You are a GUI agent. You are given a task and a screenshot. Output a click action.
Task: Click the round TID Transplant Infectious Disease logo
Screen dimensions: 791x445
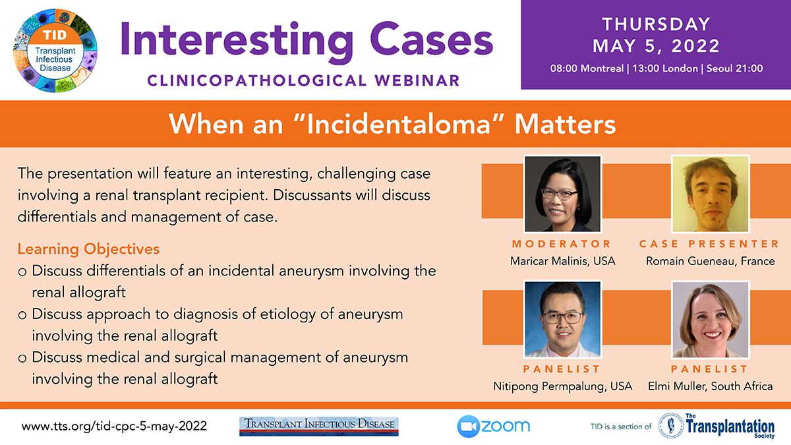(55, 51)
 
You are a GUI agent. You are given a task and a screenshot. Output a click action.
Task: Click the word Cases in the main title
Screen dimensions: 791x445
(432, 40)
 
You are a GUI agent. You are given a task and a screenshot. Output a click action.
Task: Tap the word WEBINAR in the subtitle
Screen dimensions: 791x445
(417, 80)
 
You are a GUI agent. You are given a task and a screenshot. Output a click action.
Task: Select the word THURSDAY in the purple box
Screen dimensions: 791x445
(656, 24)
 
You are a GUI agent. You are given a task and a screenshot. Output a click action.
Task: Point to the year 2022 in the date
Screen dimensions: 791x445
(695, 46)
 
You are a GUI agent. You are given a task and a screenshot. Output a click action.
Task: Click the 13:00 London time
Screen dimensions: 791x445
(665, 68)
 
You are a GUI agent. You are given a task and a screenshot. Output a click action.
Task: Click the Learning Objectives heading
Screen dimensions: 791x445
(88, 249)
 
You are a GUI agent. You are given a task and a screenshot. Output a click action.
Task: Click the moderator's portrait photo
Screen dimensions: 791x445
(562, 194)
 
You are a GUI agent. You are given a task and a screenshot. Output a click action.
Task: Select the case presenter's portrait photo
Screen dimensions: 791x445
(711, 194)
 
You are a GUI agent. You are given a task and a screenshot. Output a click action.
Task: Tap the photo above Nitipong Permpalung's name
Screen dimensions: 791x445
(562, 319)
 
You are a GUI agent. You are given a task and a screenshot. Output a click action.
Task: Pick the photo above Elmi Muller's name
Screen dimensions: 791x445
(711, 319)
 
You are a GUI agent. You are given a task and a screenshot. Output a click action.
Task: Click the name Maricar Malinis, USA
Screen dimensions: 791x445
(562, 261)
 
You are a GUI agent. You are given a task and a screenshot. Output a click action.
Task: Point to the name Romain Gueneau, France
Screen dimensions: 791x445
(711, 261)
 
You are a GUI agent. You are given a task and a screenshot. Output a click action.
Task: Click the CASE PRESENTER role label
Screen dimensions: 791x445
(709, 244)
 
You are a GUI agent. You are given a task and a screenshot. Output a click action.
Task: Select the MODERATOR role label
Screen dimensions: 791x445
(562, 244)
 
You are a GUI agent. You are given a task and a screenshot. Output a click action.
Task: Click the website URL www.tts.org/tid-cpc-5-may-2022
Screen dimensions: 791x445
(114, 427)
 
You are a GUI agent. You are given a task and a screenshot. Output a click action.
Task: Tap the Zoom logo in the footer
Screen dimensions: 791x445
(493, 427)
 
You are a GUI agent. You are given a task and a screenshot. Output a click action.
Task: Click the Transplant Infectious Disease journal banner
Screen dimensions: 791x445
(319, 427)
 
